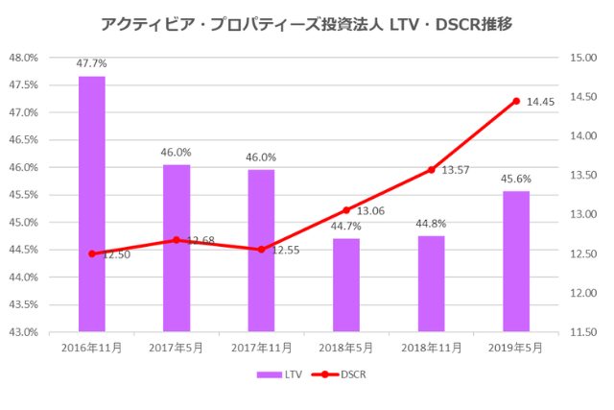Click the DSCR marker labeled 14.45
pos(516,101)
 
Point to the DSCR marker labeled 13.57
pos(431,170)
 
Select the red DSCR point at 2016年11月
pos(92,253)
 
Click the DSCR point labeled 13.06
pos(346,210)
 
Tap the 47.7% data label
pos(92,63)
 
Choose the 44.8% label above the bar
pos(431,224)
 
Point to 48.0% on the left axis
pos(24,58)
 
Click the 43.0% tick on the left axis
pos(24,332)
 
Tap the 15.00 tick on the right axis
pos(583,58)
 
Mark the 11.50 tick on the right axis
pos(583,332)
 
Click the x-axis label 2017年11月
pos(261,348)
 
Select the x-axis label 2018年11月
pos(431,348)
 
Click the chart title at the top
pos(306,22)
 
